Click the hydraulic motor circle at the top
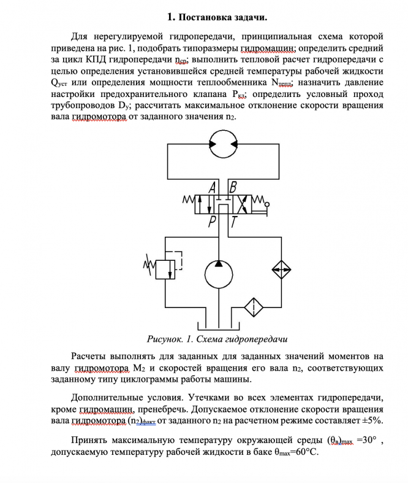point(221,143)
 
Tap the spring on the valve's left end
point(189,200)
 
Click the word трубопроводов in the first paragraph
point(80,106)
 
